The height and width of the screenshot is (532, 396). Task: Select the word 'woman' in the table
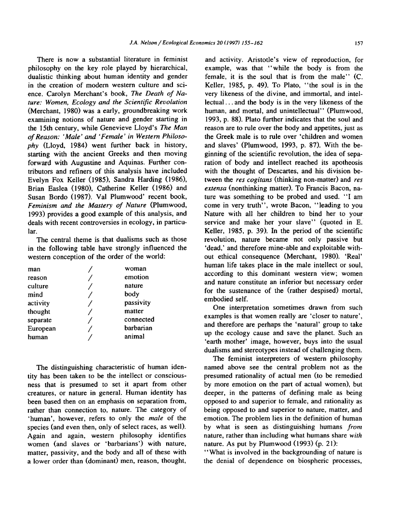click(135, 268)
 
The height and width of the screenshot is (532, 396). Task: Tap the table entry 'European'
click(42, 328)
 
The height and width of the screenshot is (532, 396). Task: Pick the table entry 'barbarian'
click(138, 328)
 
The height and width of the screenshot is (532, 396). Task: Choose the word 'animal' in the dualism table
click(134, 337)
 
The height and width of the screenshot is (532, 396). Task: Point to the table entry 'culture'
click(40, 286)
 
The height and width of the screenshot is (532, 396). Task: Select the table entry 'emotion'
click(137, 277)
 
